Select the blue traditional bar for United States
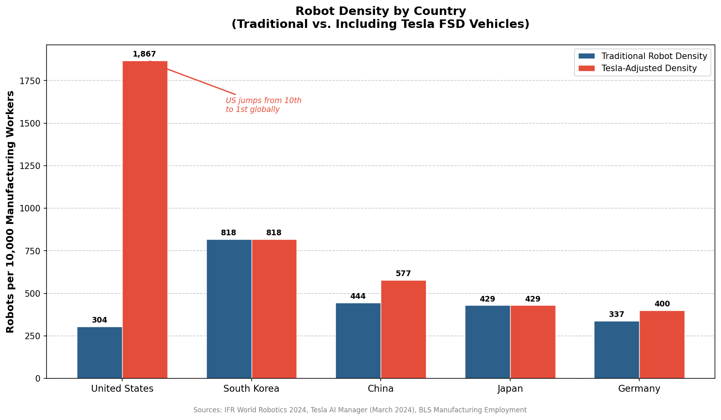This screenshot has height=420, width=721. tap(100, 352)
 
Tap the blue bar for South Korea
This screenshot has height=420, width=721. tap(229, 309)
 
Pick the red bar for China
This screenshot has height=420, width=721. tap(403, 329)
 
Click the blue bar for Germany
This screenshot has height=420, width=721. tap(617, 350)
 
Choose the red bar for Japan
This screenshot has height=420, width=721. tap(533, 342)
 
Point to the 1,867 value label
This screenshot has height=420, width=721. tap(144, 54)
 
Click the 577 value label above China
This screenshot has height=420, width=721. tap(403, 274)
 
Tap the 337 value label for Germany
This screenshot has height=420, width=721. tap(617, 314)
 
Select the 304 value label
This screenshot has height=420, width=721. tap(100, 320)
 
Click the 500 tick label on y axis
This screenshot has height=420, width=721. tap(33, 293)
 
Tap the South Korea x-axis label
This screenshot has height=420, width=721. tap(251, 389)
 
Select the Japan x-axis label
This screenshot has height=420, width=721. tap(510, 389)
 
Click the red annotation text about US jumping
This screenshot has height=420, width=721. tap(263, 105)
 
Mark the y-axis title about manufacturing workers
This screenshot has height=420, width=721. tap(11, 211)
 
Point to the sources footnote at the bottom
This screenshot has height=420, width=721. tap(360, 410)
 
